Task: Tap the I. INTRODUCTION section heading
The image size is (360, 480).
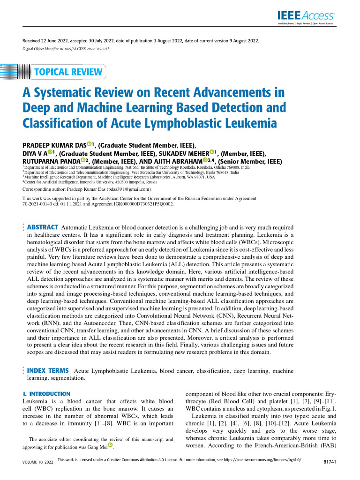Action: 46,394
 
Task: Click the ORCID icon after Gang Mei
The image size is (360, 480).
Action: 111,445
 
